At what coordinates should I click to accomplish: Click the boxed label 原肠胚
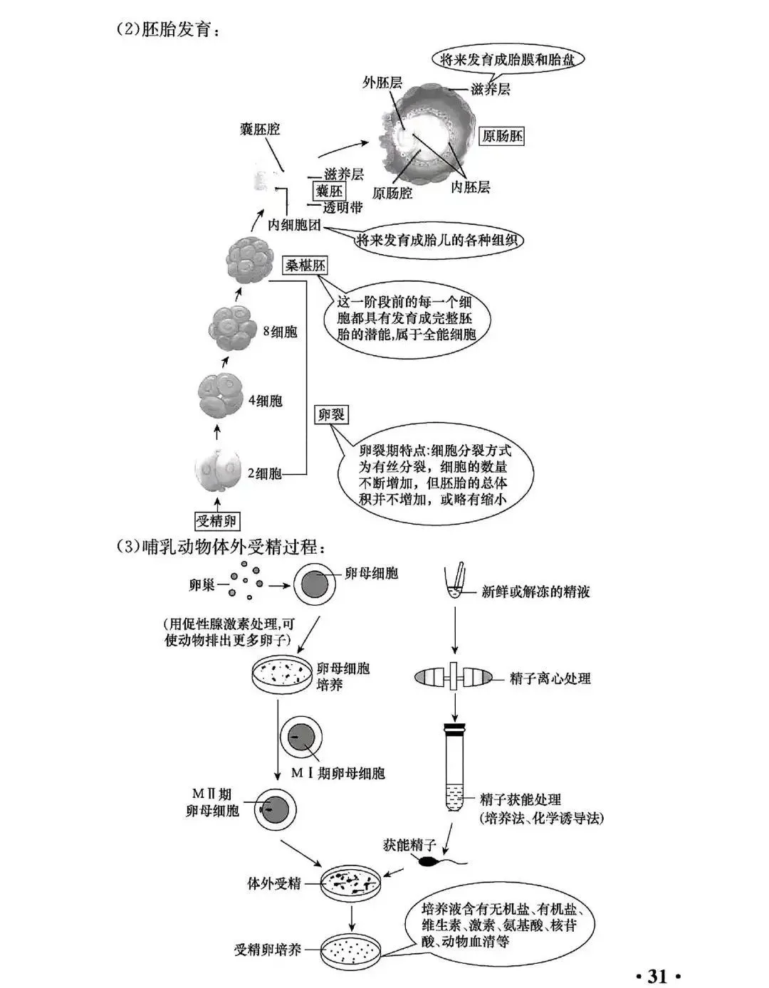pos(502,136)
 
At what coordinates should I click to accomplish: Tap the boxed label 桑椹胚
pos(305,266)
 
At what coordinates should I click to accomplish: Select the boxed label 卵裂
pos(331,414)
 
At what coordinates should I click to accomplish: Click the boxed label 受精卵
pos(216,521)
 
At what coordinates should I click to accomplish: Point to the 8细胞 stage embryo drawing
pos(232,330)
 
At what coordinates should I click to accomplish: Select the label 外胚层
pos(382,83)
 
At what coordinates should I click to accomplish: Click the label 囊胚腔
pos(260,129)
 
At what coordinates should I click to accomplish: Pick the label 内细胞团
pos(295,225)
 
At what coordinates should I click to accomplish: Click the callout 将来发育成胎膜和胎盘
pos(506,60)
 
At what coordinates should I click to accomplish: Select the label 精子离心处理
pos(550,678)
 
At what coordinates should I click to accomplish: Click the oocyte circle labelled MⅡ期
pos(275,809)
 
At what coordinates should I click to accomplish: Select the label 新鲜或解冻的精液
pos(535,591)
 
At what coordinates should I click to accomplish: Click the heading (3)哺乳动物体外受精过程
pos(221,548)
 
